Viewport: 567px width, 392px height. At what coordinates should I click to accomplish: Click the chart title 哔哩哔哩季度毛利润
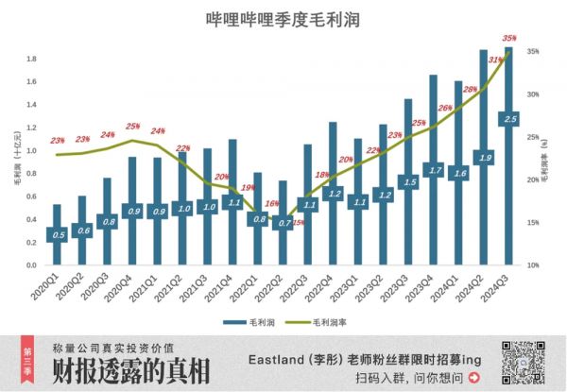pyautogui.click(x=283, y=19)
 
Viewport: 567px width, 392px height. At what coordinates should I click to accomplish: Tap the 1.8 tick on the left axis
pyautogui.click(x=30, y=59)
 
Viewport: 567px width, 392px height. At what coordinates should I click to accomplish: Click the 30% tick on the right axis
pyautogui.click(x=532, y=94)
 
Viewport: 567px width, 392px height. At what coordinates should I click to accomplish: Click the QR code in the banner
pyautogui.click(x=518, y=363)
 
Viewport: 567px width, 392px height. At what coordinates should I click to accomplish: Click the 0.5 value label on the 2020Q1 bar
pyautogui.click(x=58, y=234)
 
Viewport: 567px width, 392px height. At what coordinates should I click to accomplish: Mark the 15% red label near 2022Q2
pyautogui.click(x=299, y=223)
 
